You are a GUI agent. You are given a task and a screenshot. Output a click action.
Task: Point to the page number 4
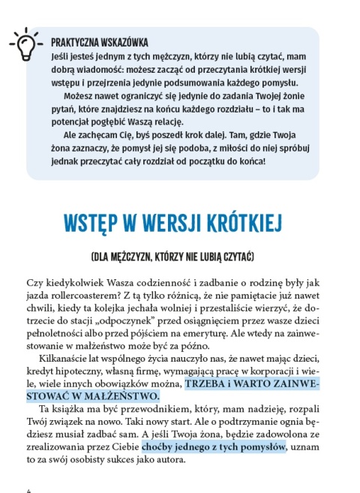coord(28,488)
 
